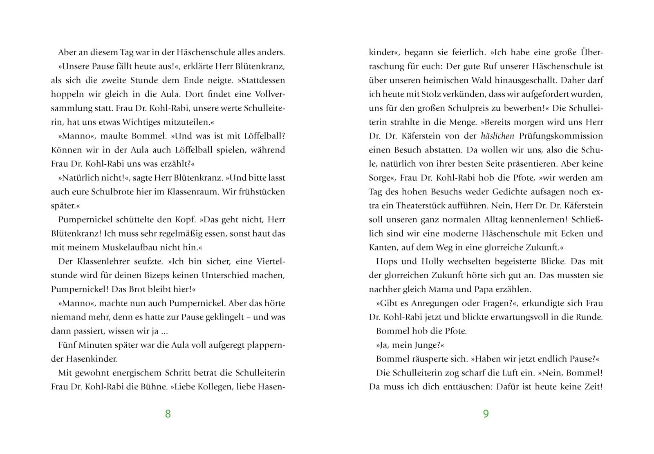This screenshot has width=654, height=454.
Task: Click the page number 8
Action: (x=168, y=414)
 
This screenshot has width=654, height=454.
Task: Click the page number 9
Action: (x=486, y=414)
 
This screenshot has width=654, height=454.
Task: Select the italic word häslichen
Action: (x=497, y=136)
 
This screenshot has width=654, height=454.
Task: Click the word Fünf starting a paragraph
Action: (x=67, y=345)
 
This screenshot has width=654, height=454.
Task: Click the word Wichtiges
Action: (x=120, y=122)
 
